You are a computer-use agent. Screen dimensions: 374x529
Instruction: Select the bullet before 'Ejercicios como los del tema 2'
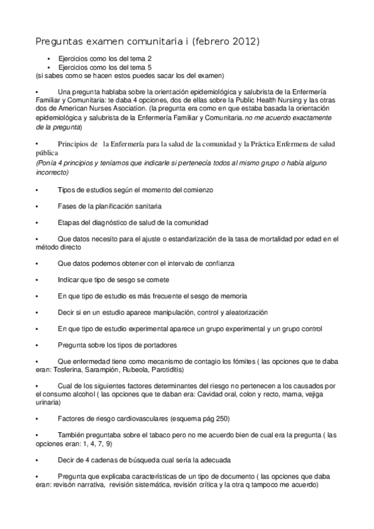tap(48, 58)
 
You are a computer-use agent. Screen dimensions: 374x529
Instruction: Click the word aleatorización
tap(244, 312)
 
